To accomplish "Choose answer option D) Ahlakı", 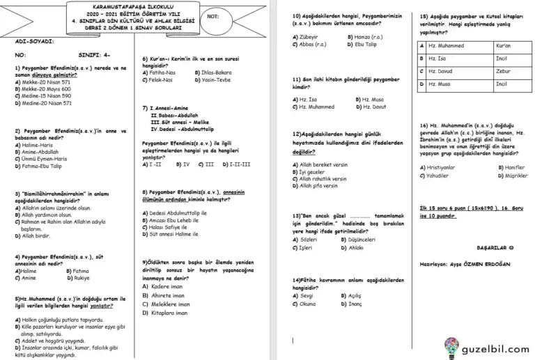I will pos(355,247).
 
